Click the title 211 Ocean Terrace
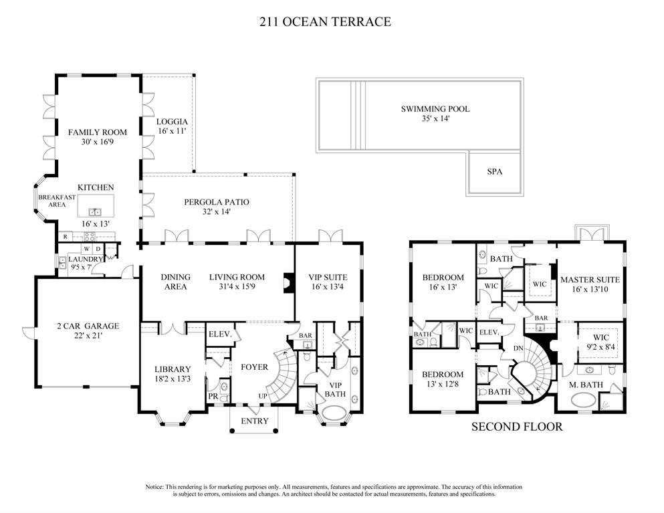325,22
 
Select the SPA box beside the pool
494,172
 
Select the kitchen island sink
95,212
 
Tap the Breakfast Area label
57,201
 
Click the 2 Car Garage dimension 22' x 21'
88,336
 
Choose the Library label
173,369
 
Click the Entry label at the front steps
254,421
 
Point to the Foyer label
254,367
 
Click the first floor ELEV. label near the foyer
219,334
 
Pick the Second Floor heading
517,426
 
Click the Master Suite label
590,280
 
